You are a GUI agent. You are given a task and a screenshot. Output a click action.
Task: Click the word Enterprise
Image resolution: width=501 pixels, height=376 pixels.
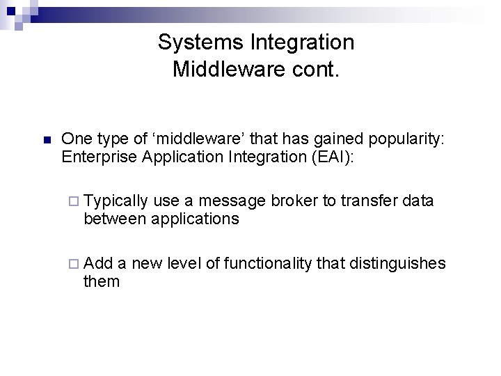tap(97, 157)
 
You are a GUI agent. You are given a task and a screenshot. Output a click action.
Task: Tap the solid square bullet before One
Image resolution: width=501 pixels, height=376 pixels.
tap(46, 140)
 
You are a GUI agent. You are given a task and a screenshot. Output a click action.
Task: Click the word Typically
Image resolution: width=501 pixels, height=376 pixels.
tap(116, 201)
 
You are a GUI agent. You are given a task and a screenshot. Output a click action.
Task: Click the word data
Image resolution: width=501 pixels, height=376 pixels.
tap(418, 201)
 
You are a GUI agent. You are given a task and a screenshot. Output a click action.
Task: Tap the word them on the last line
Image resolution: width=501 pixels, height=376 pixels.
tap(102, 281)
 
